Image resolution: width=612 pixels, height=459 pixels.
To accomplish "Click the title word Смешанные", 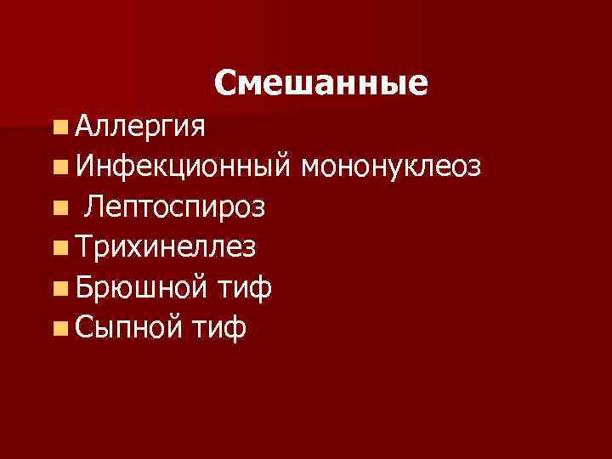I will click(x=321, y=82).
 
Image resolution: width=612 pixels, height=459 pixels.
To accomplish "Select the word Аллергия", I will click(x=139, y=127).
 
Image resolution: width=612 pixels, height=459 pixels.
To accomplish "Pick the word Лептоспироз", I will click(x=177, y=207).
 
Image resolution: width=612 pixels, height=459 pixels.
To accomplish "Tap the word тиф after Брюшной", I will click(x=243, y=287).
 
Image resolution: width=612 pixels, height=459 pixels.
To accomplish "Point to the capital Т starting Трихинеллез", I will click(x=83, y=246).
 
